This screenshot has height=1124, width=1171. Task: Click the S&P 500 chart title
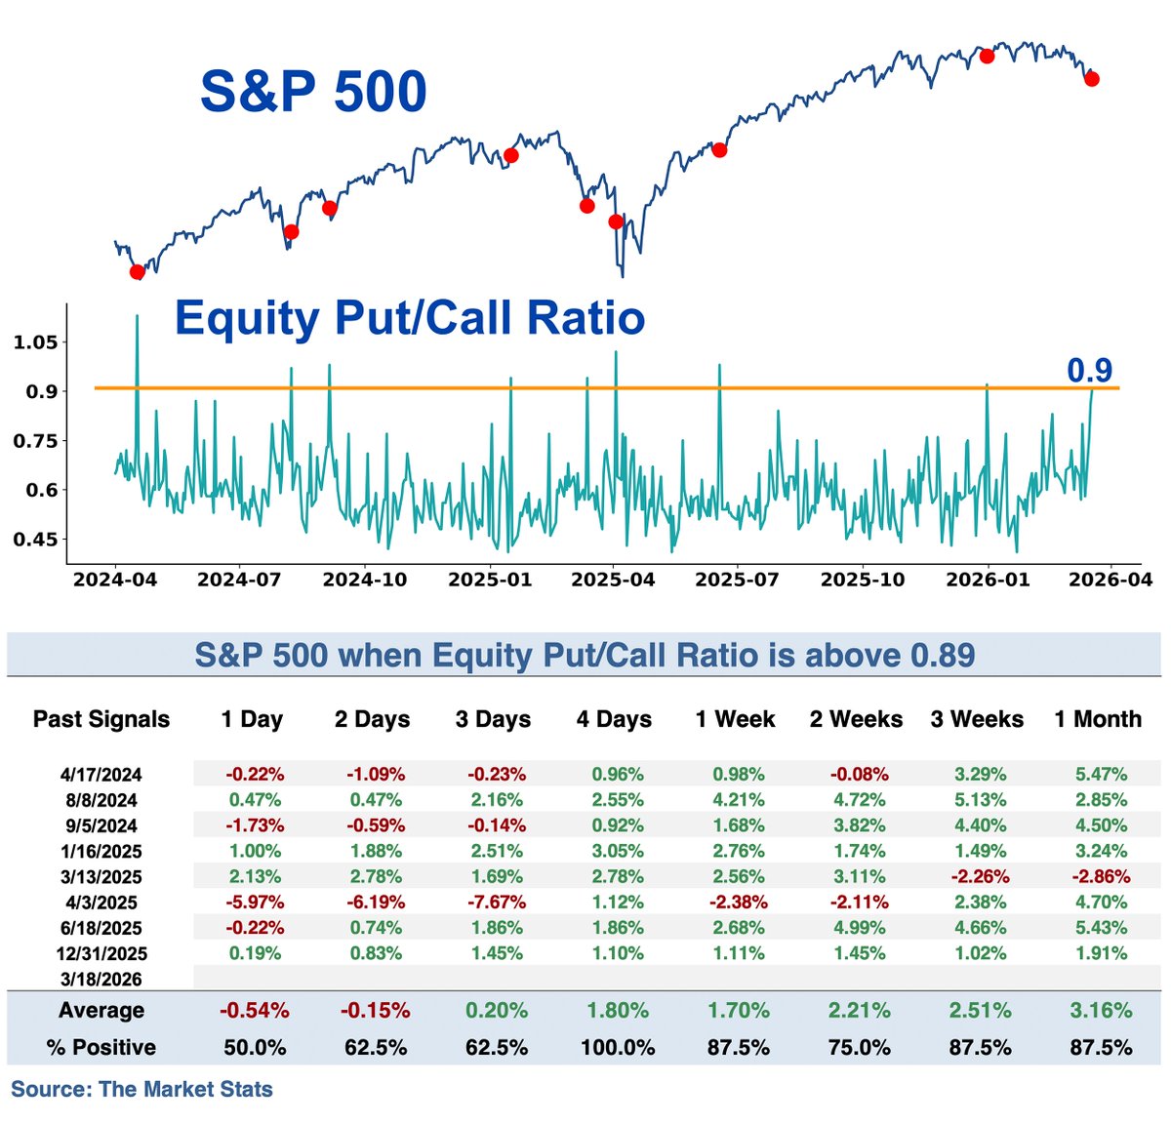point(313,92)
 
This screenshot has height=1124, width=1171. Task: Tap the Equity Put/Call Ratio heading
point(410,318)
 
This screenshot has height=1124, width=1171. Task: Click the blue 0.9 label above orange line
point(1089,370)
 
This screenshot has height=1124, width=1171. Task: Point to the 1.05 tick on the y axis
point(35,342)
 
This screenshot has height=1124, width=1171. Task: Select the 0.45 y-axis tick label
point(35,540)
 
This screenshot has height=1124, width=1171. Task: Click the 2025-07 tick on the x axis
point(737,580)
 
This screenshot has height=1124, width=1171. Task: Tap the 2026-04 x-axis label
point(1110,580)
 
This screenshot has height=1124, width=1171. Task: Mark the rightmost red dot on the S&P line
point(1091,79)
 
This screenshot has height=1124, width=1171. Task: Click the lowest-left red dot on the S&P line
point(137,272)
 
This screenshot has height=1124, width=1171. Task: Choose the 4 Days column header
point(614,720)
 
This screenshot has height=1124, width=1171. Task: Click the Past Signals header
point(101,720)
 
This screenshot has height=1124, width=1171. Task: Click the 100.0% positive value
point(617,1048)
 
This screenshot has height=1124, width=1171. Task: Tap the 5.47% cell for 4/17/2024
point(1101,775)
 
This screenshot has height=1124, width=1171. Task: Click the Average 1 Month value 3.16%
point(1101,1011)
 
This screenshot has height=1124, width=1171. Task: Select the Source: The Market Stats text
point(141,1090)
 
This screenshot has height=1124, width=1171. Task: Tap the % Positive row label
point(101,1048)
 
